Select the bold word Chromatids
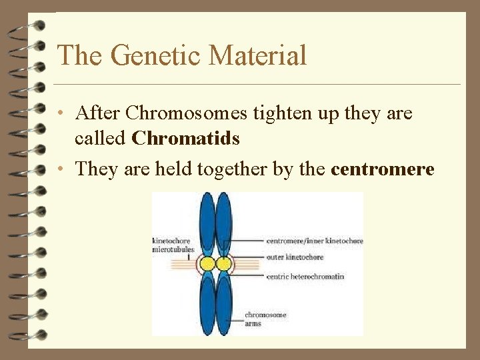(x=185, y=138)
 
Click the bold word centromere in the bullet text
(x=382, y=169)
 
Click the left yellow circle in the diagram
(x=207, y=264)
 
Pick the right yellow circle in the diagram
(x=225, y=264)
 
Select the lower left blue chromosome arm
(x=207, y=303)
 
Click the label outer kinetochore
(x=295, y=257)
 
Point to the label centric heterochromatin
(x=305, y=277)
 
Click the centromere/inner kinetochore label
(x=314, y=241)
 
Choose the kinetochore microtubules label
(x=171, y=245)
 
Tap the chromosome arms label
(x=265, y=319)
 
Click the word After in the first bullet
(x=98, y=113)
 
